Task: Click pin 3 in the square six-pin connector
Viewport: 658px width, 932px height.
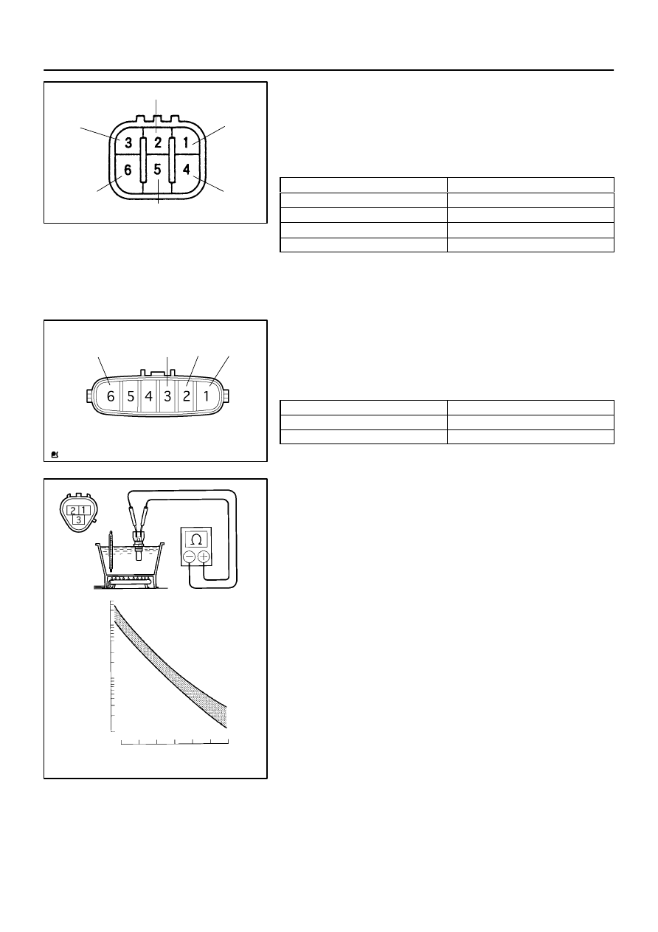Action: pos(128,142)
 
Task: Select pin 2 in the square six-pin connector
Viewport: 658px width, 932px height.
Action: pos(158,142)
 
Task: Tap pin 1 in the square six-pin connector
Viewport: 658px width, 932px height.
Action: pos(186,142)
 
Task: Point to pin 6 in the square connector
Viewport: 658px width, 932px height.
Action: pos(128,170)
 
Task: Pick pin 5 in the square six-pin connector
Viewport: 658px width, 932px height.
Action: pos(157,170)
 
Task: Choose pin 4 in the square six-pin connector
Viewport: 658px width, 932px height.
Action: pos(187,169)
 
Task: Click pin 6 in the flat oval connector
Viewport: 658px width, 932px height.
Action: pos(110,396)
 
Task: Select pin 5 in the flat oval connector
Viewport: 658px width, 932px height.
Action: pos(131,396)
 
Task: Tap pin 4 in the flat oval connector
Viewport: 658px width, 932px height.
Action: pos(148,396)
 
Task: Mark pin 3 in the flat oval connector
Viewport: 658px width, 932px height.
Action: pos(167,396)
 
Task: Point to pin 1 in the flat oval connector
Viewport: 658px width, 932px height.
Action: pos(206,396)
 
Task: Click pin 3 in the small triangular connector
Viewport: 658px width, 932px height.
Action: pos(78,519)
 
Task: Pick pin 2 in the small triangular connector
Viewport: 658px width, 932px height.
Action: pos(73,510)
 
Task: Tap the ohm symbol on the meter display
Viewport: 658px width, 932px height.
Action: pos(196,539)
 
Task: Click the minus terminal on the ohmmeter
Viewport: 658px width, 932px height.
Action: pos(190,556)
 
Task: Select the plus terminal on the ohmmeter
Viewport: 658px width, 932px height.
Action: pos(204,556)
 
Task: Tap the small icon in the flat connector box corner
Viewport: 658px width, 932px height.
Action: pos(55,455)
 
